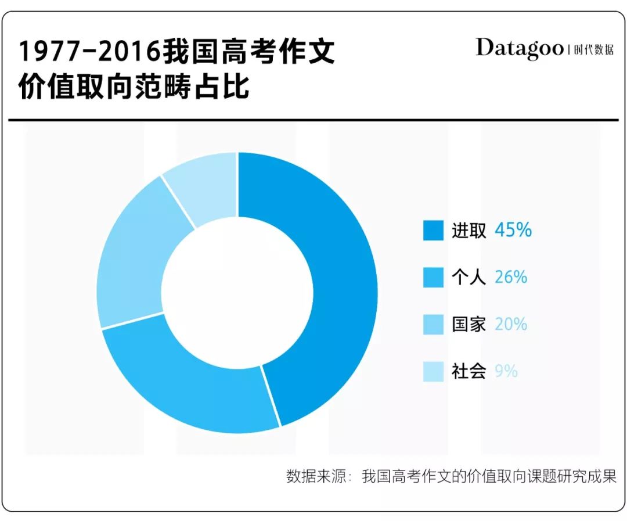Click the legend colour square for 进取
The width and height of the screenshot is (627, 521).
pos(433,231)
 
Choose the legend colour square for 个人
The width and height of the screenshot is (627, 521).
pos(433,278)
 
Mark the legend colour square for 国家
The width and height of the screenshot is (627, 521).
pos(433,324)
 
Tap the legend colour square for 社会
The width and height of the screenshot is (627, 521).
pos(433,371)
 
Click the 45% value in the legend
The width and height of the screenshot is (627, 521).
pos(513,231)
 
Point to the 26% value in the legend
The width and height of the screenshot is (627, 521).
pos(511,278)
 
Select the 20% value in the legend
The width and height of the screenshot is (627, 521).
pos(511,324)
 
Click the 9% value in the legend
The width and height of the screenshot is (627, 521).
pos(506,371)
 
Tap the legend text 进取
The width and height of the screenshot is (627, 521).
pos(469,231)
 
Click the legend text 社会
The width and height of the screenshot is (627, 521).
pos(469,371)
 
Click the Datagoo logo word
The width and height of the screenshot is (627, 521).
pos(519,48)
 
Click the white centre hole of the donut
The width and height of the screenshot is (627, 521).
pos(237,293)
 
